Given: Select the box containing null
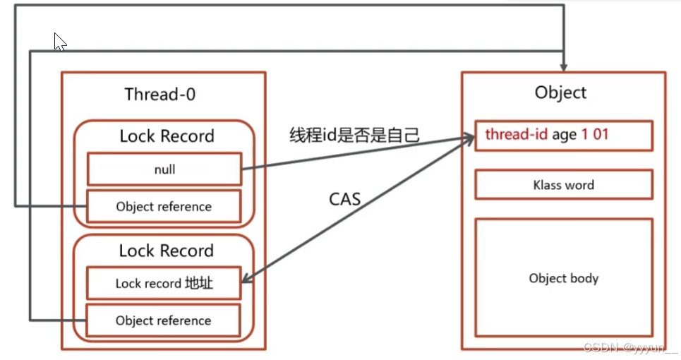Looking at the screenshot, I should (x=164, y=169).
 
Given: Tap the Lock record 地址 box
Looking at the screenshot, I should (x=164, y=284).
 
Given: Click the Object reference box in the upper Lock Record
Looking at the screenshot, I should (x=164, y=206).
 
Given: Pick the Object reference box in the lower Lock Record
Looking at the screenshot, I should (x=164, y=320).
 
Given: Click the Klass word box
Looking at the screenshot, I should (x=563, y=185).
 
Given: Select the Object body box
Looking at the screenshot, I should (x=563, y=277).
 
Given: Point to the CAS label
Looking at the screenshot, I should (x=345, y=199).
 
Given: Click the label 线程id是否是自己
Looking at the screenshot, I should (x=354, y=134).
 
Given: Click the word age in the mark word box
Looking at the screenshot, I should (x=564, y=135).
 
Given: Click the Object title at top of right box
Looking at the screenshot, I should (x=560, y=92).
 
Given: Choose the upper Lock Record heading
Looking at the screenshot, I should (x=166, y=136).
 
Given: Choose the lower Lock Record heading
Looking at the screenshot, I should (x=166, y=251).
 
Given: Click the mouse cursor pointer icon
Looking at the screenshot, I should (x=59, y=42).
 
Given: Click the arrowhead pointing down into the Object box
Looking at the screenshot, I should (x=562, y=65).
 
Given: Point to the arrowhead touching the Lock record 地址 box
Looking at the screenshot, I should (x=248, y=281).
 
